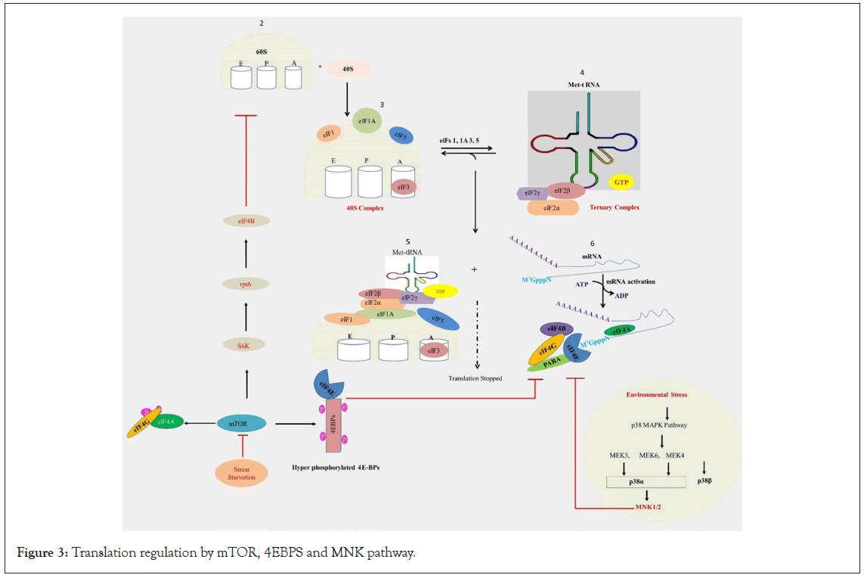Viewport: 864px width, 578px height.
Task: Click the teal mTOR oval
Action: pyautogui.click(x=241, y=424)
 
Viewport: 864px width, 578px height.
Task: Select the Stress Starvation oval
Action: pyautogui.click(x=241, y=473)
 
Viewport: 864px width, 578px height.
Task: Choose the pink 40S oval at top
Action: pyautogui.click(x=348, y=68)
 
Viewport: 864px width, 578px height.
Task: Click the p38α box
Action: pyautogui.click(x=646, y=480)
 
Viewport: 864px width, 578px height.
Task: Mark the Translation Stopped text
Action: pyautogui.click(x=475, y=378)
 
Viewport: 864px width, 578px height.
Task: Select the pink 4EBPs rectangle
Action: pyautogui.click(x=334, y=426)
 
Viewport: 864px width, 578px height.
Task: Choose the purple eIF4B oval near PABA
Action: pyautogui.click(x=556, y=329)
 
